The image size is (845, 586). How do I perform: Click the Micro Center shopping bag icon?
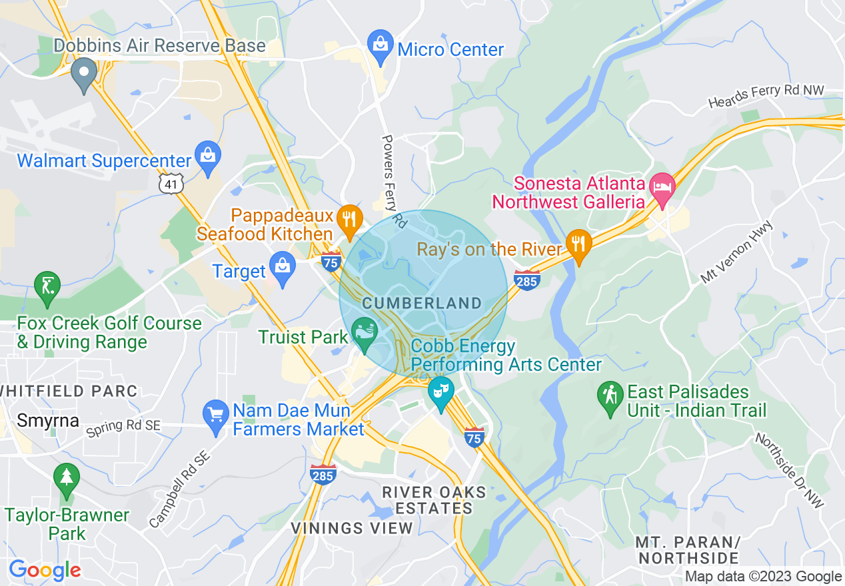[x=380, y=45]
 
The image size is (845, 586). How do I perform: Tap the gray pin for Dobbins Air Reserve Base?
[x=84, y=73]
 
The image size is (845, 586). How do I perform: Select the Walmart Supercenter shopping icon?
[x=209, y=156]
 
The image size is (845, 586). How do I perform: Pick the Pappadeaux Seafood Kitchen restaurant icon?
[x=349, y=218]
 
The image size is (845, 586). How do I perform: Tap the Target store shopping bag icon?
[x=283, y=267]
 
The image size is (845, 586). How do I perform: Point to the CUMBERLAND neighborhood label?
[x=422, y=304]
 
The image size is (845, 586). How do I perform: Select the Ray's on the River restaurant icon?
[x=578, y=244]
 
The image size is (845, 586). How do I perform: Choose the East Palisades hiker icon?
[x=610, y=396]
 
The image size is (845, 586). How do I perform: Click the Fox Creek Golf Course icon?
[x=47, y=287]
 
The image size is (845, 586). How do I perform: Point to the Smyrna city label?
[x=47, y=421]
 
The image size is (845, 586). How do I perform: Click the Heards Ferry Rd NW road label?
[x=766, y=97]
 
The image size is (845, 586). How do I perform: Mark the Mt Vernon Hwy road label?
[x=736, y=252]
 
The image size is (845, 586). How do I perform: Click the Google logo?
[x=45, y=570]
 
